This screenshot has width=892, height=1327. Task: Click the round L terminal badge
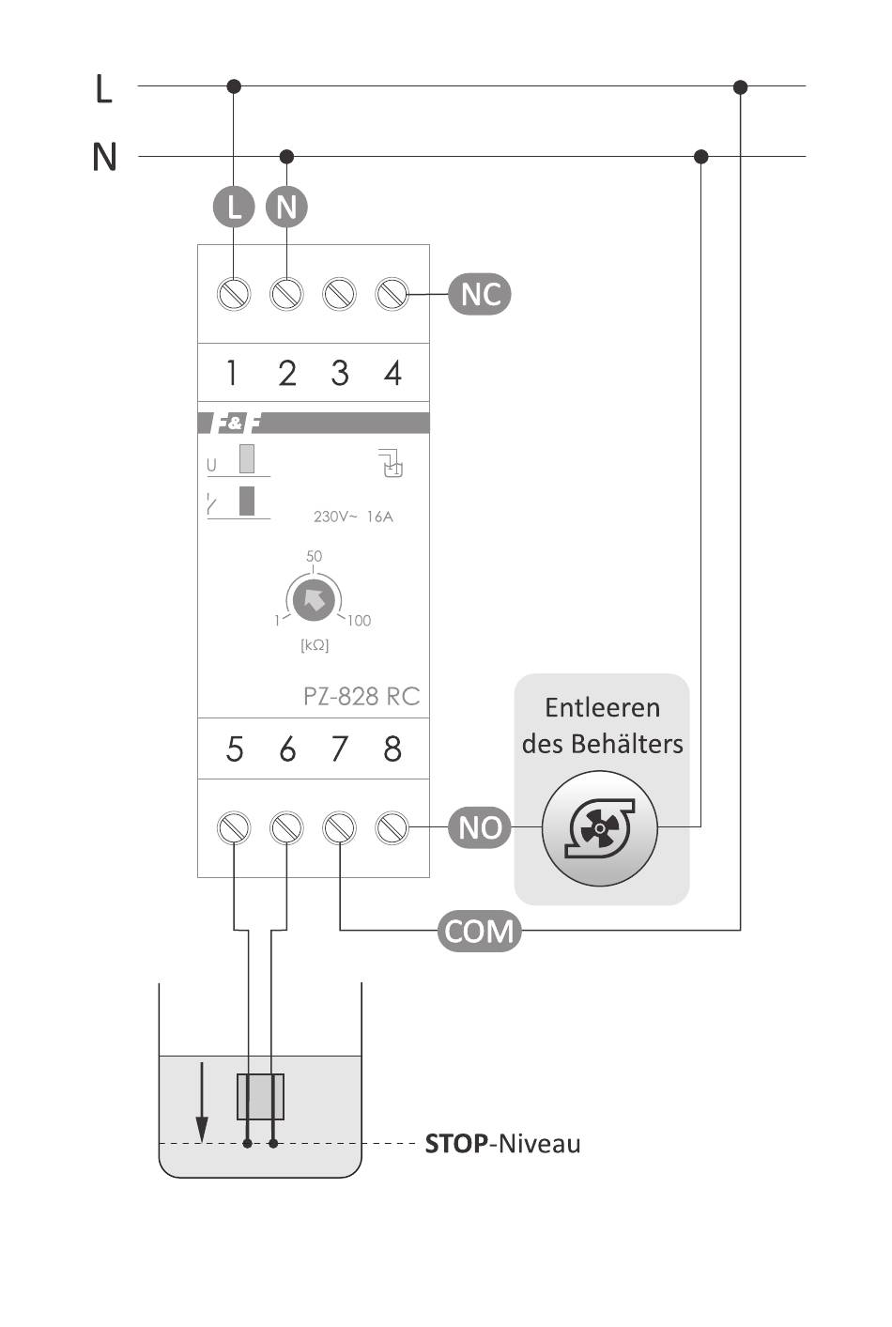click(x=234, y=207)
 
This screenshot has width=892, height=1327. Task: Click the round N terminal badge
click(x=287, y=207)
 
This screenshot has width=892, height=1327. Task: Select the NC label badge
click(x=480, y=294)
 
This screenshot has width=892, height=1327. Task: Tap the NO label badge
click(x=480, y=827)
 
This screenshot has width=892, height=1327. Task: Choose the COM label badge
click(x=479, y=931)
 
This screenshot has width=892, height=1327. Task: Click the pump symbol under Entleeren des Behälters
click(x=600, y=828)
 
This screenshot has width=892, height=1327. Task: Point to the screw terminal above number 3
click(x=339, y=294)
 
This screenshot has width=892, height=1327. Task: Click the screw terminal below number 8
click(x=392, y=827)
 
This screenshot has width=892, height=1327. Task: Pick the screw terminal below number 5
click(x=234, y=827)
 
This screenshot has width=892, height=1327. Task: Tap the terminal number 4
click(x=392, y=373)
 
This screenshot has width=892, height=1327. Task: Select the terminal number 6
click(x=287, y=748)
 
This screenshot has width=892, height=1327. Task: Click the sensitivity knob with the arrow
click(x=314, y=598)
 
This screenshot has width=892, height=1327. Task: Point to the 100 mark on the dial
click(x=359, y=620)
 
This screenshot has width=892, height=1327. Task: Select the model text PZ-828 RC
click(x=361, y=696)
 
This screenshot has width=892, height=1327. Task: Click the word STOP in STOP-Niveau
click(x=456, y=1143)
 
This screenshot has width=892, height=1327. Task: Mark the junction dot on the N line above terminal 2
click(x=287, y=156)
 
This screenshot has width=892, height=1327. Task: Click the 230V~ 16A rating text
click(x=353, y=517)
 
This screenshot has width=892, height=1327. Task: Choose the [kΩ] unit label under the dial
click(x=315, y=645)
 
